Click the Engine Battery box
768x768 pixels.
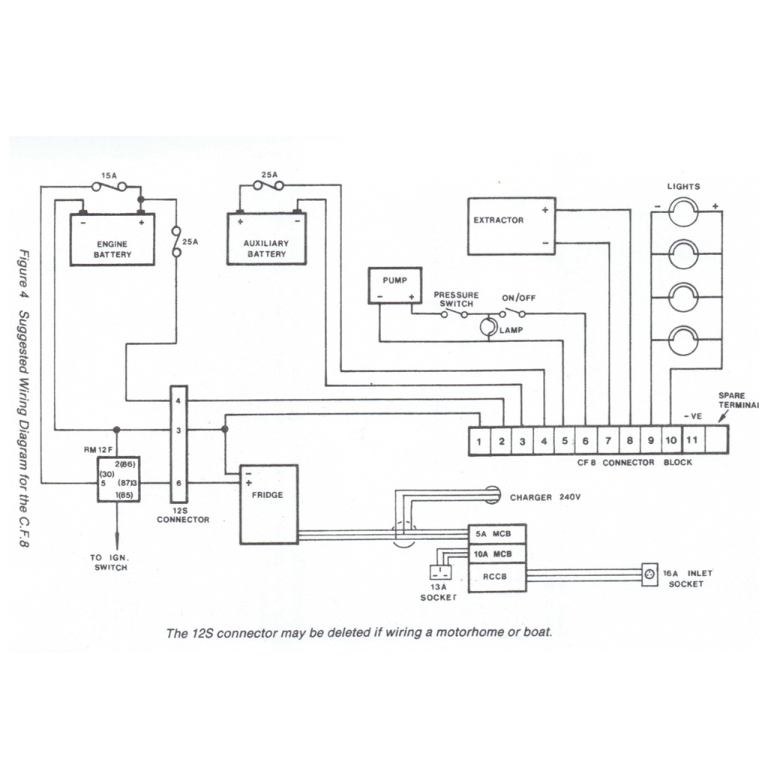click(x=112, y=239)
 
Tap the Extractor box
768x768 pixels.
click(x=511, y=226)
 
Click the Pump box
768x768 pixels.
click(x=394, y=286)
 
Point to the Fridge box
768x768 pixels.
click(x=268, y=504)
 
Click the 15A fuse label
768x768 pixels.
click(x=108, y=175)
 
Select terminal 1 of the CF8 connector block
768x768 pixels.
click(x=478, y=441)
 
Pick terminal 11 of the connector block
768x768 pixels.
click(x=692, y=439)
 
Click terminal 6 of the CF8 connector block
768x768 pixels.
click(x=585, y=441)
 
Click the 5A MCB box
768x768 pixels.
click(x=496, y=534)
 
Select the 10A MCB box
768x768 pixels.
click(x=496, y=554)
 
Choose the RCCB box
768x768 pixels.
click(x=496, y=577)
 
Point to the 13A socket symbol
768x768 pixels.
click(x=439, y=572)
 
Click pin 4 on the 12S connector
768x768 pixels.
click(x=178, y=401)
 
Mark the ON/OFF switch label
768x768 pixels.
click(x=519, y=298)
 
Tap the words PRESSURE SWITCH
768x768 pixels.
click(x=455, y=299)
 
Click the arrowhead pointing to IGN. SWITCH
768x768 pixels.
click(x=116, y=547)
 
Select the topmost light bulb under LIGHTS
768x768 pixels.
click(x=683, y=211)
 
